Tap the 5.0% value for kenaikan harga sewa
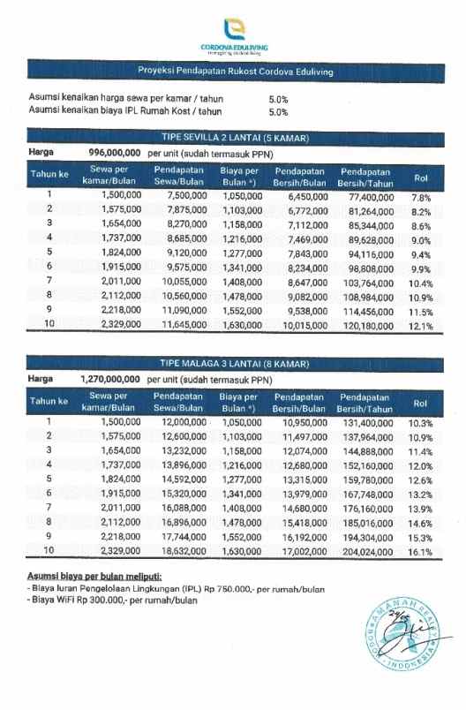(278, 100)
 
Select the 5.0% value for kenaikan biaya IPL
(278, 112)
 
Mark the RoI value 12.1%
(421, 326)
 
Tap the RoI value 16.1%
(420, 553)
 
